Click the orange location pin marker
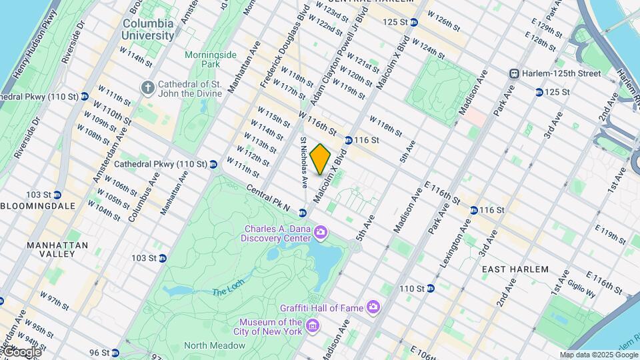tap(320, 159)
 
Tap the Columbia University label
tap(148, 29)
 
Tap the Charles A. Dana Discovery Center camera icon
tap(321, 233)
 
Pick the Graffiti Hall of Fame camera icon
tap(373, 307)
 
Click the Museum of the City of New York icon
tap(313, 326)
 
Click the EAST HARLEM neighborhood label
tap(515, 269)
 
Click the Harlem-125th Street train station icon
tap(514, 73)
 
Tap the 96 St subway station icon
tap(115, 353)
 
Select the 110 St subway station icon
tap(430, 289)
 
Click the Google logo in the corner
tap(21, 351)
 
